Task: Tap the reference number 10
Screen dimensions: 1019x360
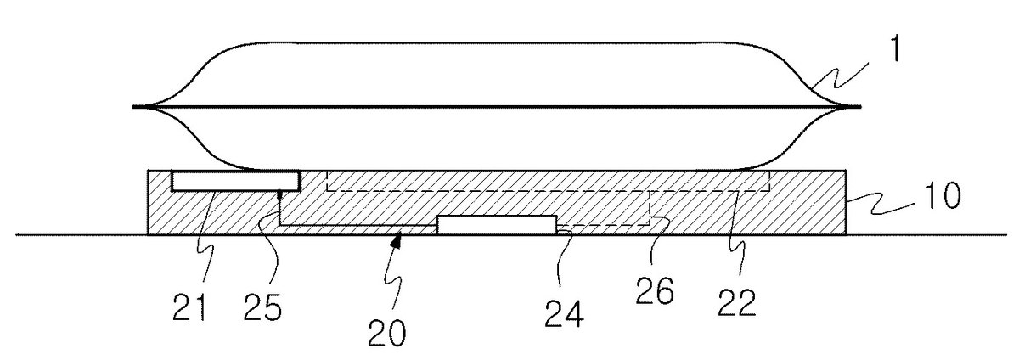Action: tap(943, 195)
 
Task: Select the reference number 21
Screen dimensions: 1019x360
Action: tap(189, 307)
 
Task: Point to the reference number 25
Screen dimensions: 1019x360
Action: tap(263, 307)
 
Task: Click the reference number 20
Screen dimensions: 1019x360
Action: tap(386, 333)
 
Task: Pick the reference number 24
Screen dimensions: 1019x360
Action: tap(564, 313)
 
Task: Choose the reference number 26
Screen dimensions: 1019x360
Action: tap(655, 291)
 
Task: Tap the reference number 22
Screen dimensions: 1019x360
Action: tap(737, 302)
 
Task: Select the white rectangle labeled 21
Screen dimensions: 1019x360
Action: tap(235, 181)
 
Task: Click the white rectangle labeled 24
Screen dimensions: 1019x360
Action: tap(497, 225)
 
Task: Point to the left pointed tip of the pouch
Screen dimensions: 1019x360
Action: tap(133, 107)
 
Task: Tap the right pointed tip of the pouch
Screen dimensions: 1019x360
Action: tap(859, 107)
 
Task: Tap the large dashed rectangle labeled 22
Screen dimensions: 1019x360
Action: tap(549, 191)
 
